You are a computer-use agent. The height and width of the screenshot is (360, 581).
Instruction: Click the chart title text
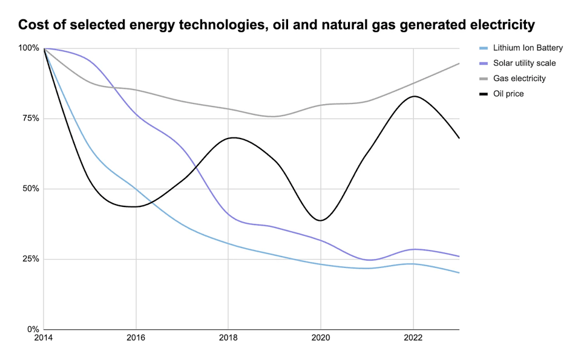click(277, 25)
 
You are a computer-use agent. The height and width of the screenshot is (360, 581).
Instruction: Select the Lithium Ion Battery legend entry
click(528, 48)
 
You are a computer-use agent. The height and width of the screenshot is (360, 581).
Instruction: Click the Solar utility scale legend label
click(524, 63)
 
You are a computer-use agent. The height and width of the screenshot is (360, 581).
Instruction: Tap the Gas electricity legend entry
click(519, 78)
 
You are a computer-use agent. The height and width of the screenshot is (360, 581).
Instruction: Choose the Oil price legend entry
click(508, 93)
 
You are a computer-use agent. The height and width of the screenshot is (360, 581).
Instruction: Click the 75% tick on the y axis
click(30, 119)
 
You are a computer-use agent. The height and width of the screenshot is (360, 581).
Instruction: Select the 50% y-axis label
click(30, 189)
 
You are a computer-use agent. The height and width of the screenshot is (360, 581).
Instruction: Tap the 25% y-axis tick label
click(30, 259)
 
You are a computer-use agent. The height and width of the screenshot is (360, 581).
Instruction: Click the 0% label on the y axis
click(33, 330)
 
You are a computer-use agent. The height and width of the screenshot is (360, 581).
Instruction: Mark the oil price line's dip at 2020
click(321, 220)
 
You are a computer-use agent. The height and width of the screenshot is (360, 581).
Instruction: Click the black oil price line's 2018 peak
click(233, 137)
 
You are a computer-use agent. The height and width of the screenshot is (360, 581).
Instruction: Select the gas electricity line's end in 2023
click(459, 64)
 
